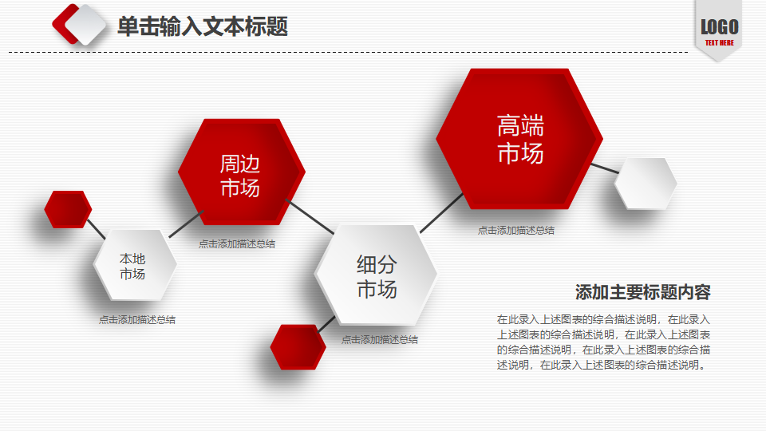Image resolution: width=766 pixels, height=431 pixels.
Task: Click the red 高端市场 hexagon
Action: point(519,139)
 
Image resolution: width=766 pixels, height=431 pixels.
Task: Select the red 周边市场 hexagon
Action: point(241,172)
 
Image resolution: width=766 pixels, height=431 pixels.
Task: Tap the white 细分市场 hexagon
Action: point(376,275)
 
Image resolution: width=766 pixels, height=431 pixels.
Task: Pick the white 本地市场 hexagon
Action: point(135,265)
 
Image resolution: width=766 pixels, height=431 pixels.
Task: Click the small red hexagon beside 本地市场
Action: point(68,209)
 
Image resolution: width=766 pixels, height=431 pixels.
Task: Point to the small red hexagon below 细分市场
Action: point(298,347)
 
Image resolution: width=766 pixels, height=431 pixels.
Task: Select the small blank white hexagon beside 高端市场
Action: point(646,184)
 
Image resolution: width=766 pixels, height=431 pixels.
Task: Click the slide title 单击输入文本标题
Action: point(202,26)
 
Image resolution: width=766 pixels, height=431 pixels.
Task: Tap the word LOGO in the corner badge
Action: point(719,27)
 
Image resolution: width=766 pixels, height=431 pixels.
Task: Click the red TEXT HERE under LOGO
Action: point(719,42)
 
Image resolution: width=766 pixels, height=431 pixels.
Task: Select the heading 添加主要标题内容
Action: point(642,292)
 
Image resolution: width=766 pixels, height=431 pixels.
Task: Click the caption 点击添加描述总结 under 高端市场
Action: point(516,230)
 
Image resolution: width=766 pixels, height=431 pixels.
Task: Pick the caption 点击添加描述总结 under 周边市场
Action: point(236,244)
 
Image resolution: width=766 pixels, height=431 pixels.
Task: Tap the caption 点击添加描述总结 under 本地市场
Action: point(136,319)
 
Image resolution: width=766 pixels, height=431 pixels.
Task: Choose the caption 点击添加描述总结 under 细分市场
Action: point(380,340)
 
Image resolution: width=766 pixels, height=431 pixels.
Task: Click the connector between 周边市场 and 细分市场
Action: point(310,216)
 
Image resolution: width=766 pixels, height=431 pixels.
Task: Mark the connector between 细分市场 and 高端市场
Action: point(441,213)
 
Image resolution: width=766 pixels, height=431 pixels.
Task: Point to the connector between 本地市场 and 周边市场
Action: point(186,224)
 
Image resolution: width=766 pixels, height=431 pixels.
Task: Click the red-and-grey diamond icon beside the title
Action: point(79,25)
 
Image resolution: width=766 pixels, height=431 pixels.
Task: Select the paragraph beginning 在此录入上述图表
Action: point(603,342)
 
